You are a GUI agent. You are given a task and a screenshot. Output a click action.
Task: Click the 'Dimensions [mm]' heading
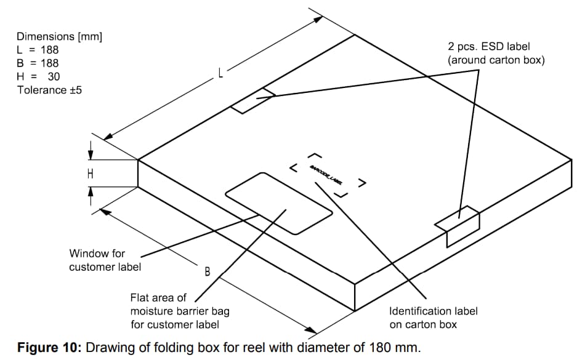click(59, 36)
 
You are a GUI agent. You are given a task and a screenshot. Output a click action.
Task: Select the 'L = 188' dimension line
click(38, 50)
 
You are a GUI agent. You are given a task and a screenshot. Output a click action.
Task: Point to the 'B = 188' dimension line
click(38, 63)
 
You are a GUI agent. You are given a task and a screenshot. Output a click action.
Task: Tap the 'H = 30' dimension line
click(38, 77)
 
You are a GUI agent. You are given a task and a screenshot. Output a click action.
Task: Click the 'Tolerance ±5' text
click(49, 90)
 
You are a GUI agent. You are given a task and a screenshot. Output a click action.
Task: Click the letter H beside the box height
click(91, 174)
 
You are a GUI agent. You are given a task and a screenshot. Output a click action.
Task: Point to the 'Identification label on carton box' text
click(433, 318)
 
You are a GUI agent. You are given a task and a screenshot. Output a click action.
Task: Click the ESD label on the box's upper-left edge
click(252, 101)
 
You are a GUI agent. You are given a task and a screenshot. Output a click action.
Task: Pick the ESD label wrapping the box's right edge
click(458, 224)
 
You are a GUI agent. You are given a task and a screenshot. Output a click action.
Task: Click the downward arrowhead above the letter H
click(91, 153)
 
